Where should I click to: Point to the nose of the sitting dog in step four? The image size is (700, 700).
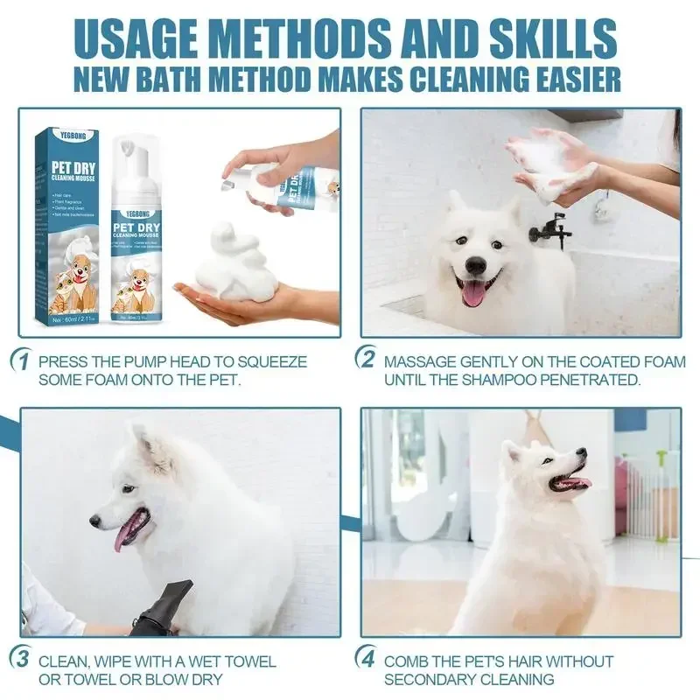(x=581, y=455)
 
